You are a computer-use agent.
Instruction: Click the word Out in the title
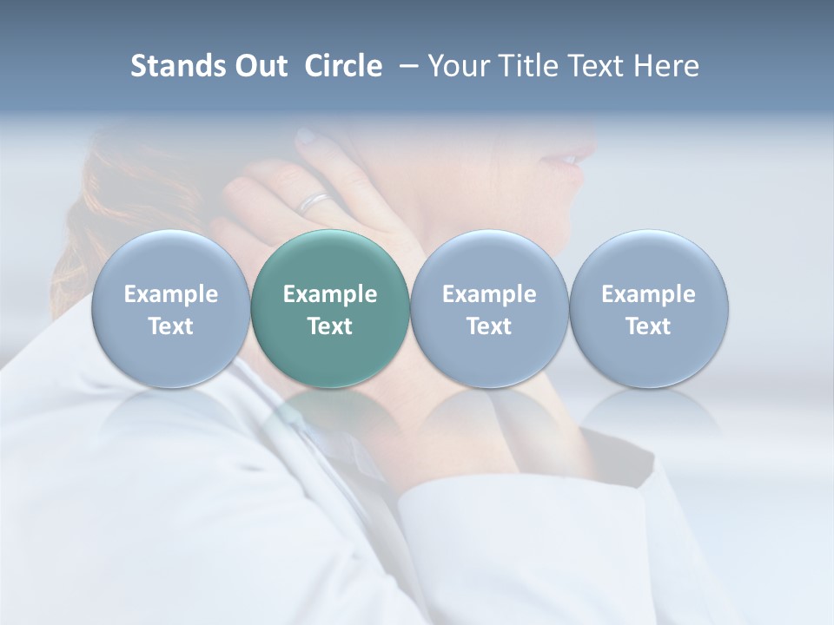coord(259,66)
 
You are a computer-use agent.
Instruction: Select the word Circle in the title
coord(343,66)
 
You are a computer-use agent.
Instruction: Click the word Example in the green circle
coord(330,294)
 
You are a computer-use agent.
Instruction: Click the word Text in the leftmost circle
coord(170,326)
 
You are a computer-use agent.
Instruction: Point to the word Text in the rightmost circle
coord(649,326)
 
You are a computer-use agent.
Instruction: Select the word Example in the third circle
coord(489,294)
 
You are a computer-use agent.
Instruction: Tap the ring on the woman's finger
coord(314,203)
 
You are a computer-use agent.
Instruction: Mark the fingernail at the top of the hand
coord(306,136)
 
